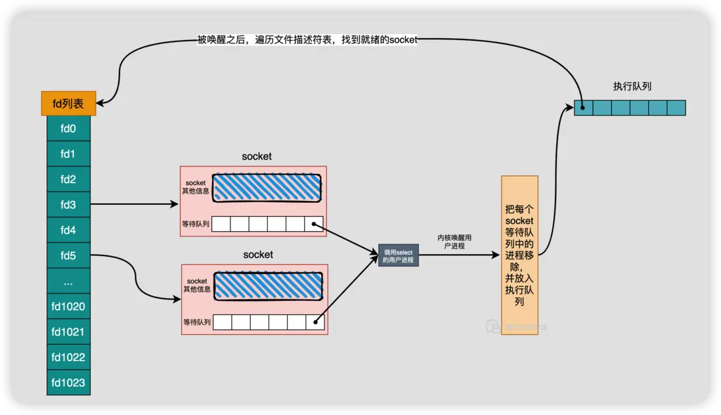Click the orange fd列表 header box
coord(68,103)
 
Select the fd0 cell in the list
coord(68,128)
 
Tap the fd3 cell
coord(68,204)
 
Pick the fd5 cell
coord(68,255)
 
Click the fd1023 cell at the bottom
coord(68,382)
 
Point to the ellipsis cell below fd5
coord(68,281)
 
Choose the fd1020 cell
coord(68,306)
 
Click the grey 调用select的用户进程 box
coord(398,255)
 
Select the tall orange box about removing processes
coord(519,255)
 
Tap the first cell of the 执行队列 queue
coord(583,108)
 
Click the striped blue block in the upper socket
coord(267,187)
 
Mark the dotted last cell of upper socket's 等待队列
coord(314,224)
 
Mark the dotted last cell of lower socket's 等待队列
coord(315,322)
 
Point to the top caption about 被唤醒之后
coord(307,40)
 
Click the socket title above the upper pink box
coord(257,156)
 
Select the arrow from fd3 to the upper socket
coord(135,204)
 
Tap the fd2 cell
coord(68,179)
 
